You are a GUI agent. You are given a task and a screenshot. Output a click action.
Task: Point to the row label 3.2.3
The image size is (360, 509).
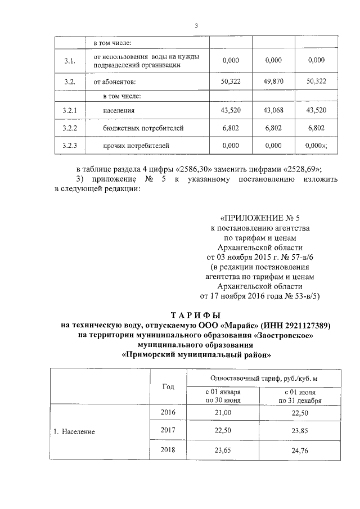[x=70, y=146]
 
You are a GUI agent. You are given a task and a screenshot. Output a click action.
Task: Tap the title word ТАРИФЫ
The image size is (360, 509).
[x=196, y=315]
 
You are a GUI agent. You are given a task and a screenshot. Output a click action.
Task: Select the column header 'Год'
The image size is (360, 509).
[x=168, y=386]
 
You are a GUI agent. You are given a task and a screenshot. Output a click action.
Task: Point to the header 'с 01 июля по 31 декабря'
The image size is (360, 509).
[x=300, y=396]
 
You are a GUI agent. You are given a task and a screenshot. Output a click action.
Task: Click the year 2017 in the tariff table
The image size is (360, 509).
[x=168, y=431]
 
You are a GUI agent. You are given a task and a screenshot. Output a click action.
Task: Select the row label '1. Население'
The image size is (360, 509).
[x=75, y=432]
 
